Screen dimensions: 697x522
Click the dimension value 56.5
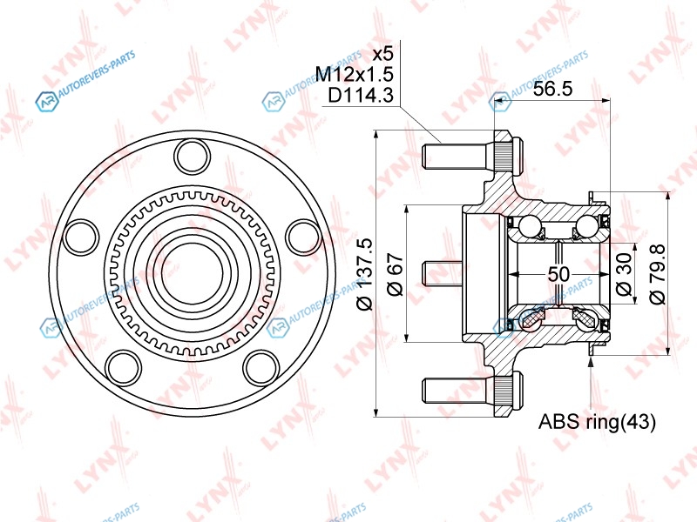click(552, 89)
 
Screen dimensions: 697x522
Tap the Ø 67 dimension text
click(396, 274)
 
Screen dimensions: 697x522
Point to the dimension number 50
click(558, 274)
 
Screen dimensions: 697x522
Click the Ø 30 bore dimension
click(625, 274)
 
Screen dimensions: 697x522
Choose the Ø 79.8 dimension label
click(658, 274)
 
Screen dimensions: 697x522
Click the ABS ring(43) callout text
click(597, 422)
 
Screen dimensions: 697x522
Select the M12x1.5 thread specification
click(355, 74)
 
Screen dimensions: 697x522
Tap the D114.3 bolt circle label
click(361, 95)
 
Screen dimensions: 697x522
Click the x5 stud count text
click(382, 54)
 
